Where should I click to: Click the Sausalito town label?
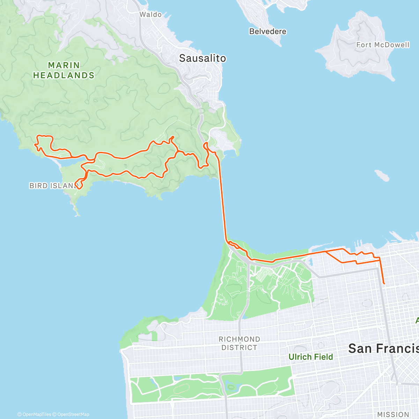(203, 58)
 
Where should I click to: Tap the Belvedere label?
(267, 31)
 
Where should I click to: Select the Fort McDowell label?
(382, 45)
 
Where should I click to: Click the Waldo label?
(150, 15)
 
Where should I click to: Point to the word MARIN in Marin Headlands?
(64, 65)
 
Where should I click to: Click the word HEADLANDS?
(64, 75)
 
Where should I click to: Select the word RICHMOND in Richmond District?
(239, 339)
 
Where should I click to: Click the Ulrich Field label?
(310, 357)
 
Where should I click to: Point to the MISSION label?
(393, 414)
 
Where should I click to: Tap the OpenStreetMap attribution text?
(73, 414)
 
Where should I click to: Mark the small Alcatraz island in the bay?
(382, 176)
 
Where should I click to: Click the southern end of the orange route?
(384, 284)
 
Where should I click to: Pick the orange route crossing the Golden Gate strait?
(223, 203)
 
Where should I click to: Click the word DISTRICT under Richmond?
(239, 348)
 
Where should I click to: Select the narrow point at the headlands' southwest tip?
(76, 212)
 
